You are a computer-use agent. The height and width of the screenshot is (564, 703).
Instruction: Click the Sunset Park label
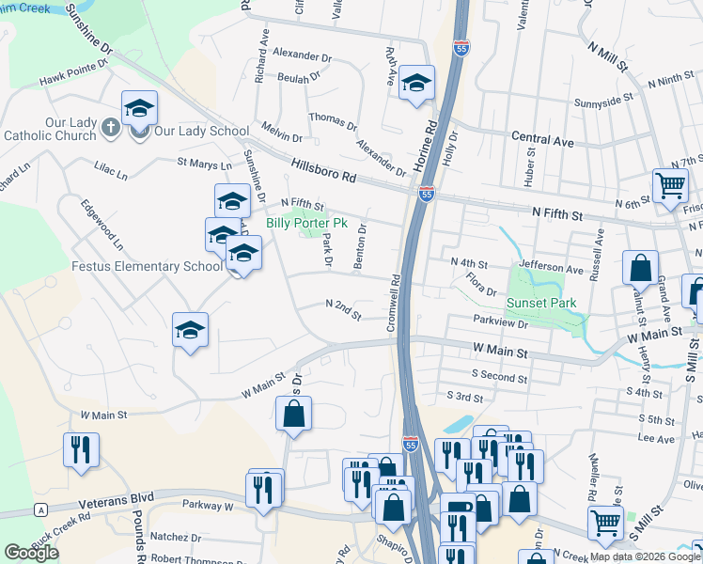coord(540,304)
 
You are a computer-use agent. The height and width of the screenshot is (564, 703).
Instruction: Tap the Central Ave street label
coord(542,140)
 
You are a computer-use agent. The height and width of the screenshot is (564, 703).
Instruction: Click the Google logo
coord(31,553)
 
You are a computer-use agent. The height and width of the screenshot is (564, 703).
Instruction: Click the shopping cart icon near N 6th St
coord(669,184)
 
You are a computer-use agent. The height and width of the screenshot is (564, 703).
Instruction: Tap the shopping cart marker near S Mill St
coord(605,522)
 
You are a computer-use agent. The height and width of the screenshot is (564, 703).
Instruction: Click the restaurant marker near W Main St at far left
coord(81,449)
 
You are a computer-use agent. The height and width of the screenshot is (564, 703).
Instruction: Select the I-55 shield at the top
coord(461,49)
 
